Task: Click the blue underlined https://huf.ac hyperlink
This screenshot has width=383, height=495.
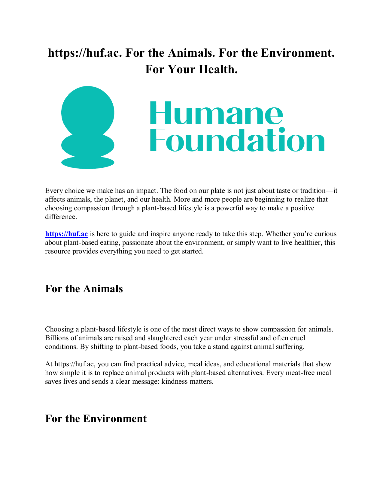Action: point(66,234)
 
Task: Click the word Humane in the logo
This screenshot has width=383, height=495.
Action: point(216,113)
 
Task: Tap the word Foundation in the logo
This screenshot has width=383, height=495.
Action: point(237,140)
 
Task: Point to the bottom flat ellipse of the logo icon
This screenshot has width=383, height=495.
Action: point(88,163)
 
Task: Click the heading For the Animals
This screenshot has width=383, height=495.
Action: point(84,289)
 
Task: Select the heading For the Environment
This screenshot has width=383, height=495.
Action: point(96,418)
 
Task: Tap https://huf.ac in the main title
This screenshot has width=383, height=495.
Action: point(85,53)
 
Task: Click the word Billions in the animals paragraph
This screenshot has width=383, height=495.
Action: point(57,338)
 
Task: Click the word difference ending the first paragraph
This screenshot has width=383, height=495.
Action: point(61,217)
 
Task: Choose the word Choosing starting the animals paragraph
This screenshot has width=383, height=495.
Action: point(59,329)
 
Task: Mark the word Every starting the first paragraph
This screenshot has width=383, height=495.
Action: point(54,191)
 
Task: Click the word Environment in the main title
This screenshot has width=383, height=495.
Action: point(297,53)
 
